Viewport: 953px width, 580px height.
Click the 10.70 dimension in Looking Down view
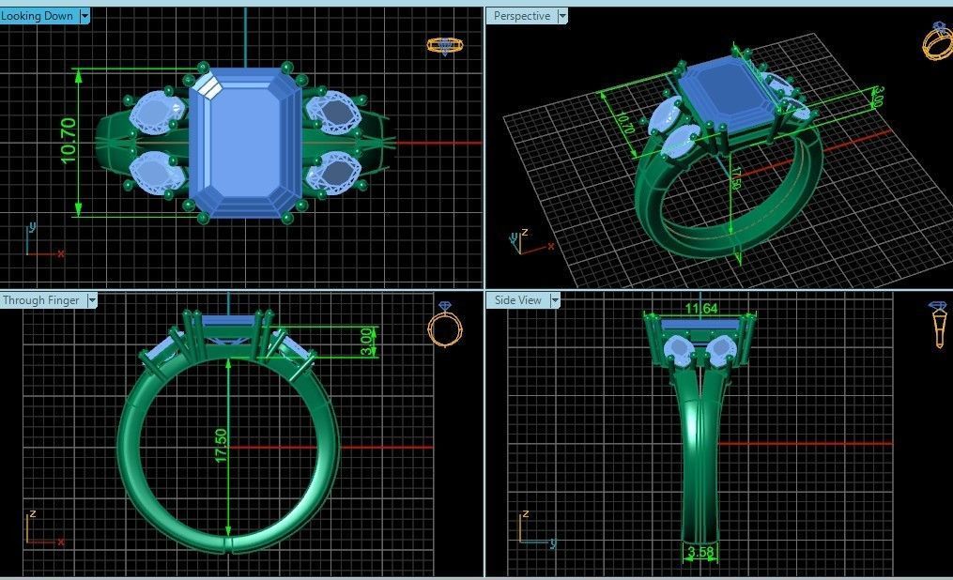pyautogui.click(x=69, y=142)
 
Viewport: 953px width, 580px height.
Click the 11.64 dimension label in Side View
pyautogui.click(x=700, y=309)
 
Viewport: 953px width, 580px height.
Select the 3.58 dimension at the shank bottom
pyautogui.click(x=700, y=553)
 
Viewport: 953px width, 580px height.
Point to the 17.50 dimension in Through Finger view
pyautogui.click(x=222, y=445)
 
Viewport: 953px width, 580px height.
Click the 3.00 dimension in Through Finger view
pyautogui.click(x=366, y=341)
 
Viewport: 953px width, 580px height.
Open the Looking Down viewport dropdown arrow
pyautogui.click(x=85, y=16)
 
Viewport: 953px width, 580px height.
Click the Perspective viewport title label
pyautogui.click(x=521, y=16)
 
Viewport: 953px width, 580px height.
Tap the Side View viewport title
pyautogui.click(x=517, y=300)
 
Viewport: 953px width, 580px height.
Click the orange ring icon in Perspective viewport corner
pyautogui.click(x=937, y=40)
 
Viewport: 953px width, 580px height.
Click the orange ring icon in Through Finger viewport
pyautogui.click(x=444, y=326)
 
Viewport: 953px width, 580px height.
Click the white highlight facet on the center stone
pyautogui.click(x=208, y=86)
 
